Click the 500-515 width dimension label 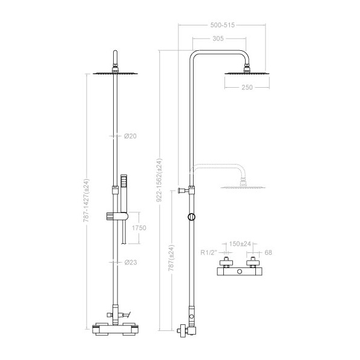point(223,25)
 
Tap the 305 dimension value point(218,38)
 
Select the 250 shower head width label point(247,87)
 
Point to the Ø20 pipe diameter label point(130,136)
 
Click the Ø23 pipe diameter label point(131,262)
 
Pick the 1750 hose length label point(139,227)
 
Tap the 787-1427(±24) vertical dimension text point(86,200)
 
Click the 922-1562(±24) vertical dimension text point(159,180)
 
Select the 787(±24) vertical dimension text point(171,258)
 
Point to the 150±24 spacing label point(240,244)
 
